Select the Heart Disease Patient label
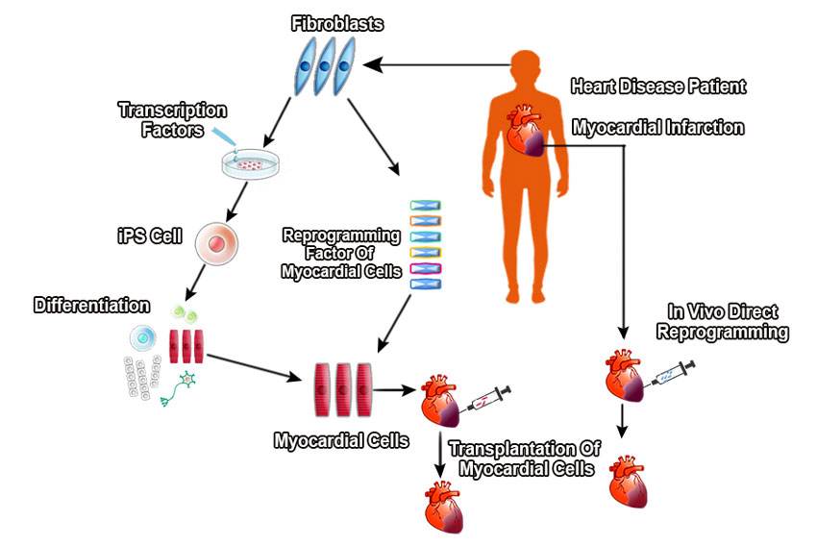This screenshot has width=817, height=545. tap(657, 87)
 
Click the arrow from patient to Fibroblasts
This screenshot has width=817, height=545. tap(442, 65)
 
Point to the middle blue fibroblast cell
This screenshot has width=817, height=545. tap(323, 65)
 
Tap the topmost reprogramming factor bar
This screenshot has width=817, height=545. tap(425, 206)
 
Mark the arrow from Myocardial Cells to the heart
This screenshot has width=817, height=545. tap(393, 389)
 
